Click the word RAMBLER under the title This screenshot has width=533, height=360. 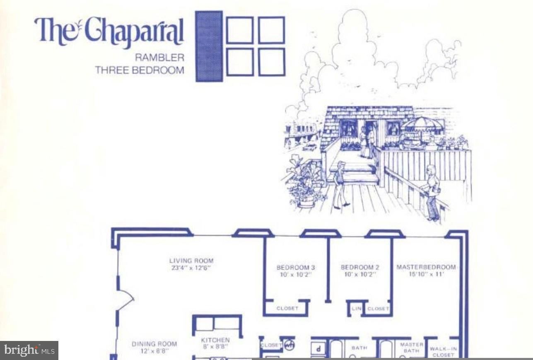click(x=159, y=58)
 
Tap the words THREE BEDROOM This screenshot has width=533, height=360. click(x=140, y=70)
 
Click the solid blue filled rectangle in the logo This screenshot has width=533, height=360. click(x=209, y=46)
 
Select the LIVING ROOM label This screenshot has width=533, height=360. click(x=191, y=261)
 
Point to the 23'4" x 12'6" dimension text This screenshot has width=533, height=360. click(x=191, y=268)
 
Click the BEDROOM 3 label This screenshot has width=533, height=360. click(x=296, y=267)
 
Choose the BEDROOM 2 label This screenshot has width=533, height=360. click(x=360, y=267)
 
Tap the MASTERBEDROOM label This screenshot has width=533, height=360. click(x=426, y=267)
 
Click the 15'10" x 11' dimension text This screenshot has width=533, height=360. click(x=426, y=274)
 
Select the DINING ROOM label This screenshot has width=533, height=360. click(x=154, y=344)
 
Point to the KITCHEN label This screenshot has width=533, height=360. click(x=215, y=340)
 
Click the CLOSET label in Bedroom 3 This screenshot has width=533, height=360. click(x=287, y=308)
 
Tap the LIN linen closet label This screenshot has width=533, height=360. click(x=357, y=309)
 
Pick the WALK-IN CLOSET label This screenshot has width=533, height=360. click(x=443, y=352)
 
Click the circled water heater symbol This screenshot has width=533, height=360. click(x=289, y=345)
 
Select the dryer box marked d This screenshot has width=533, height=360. click(x=318, y=349)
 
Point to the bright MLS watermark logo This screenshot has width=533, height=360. click(x=29, y=350)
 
